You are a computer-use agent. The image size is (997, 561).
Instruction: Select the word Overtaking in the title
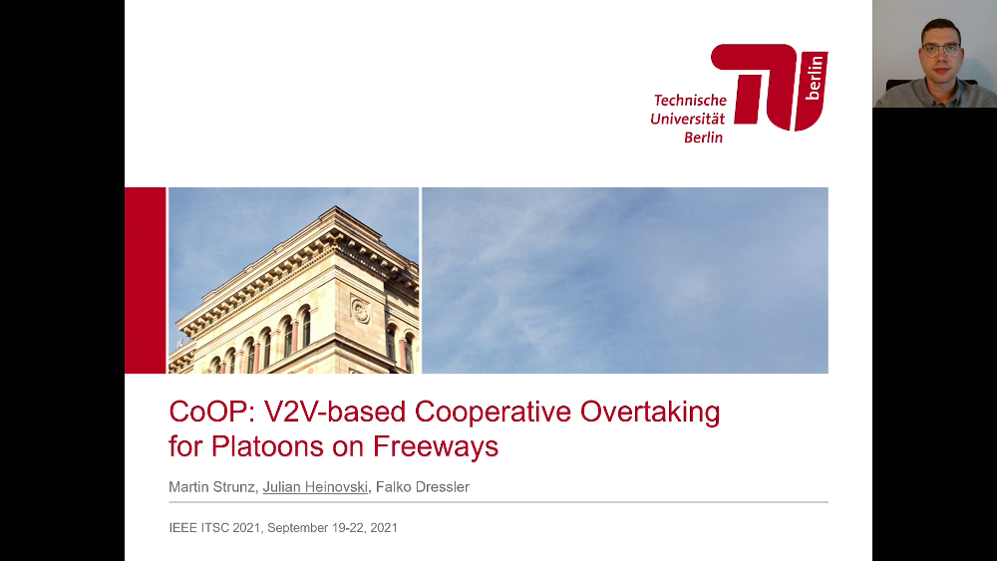pyautogui.click(x=650, y=413)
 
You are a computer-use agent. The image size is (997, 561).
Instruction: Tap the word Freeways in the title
pyautogui.click(x=436, y=447)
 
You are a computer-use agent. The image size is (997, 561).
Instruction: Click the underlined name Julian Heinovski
pyautogui.click(x=315, y=487)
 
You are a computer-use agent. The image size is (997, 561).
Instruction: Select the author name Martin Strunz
pyautogui.click(x=212, y=487)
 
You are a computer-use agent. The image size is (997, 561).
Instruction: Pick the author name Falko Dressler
pyautogui.click(x=423, y=487)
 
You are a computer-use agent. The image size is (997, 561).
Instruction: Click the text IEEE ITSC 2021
pyautogui.click(x=215, y=528)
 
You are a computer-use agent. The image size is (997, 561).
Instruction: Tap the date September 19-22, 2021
pyautogui.click(x=333, y=528)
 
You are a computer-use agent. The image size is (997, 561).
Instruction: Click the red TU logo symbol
pyautogui.click(x=769, y=87)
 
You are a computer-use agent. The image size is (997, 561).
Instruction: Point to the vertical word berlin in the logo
pyautogui.click(x=814, y=78)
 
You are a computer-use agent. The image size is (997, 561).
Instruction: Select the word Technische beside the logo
pyautogui.click(x=690, y=101)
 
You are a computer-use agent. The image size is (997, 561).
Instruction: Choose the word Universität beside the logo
pyautogui.click(x=687, y=119)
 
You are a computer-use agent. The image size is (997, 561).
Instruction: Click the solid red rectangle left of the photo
pyautogui.click(x=145, y=280)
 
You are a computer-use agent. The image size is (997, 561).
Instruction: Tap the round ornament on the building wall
pyautogui.click(x=361, y=311)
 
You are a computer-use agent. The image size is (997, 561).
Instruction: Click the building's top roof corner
pyautogui.click(x=337, y=207)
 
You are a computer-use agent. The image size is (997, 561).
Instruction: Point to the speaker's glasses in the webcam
pyautogui.click(x=940, y=49)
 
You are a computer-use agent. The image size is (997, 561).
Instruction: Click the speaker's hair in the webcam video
pyautogui.click(x=940, y=27)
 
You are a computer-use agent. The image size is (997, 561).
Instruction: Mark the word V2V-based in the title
pyautogui.click(x=334, y=412)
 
